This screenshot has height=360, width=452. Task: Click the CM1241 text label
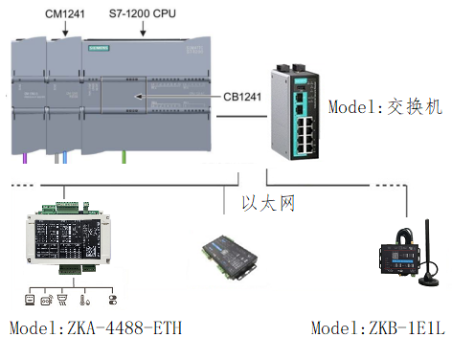click(65, 11)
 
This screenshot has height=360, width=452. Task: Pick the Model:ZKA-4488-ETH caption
click(96, 329)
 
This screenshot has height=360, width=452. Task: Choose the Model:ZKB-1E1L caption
click(378, 329)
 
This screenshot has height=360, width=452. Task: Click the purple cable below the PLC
click(25, 155)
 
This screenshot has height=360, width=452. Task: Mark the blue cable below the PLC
click(63, 155)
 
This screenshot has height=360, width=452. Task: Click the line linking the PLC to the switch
click(240, 118)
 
